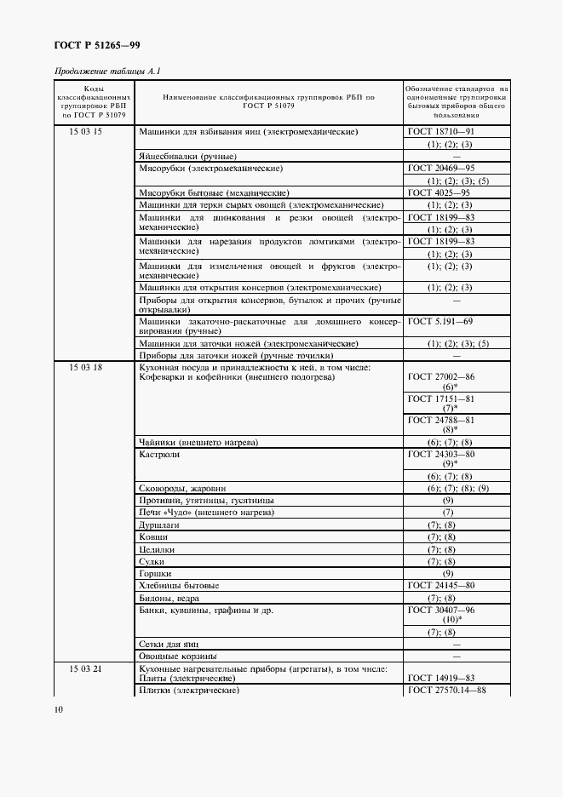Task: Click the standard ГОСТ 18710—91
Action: pyautogui.click(x=441, y=133)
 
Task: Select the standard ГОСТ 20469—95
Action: pyautogui.click(x=441, y=169)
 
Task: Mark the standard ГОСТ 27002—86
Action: pyautogui.click(x=441, y=376)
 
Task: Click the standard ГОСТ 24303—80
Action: pyautogui.click(x=441, y=455)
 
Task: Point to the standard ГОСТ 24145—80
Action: pyautogui.click(x=441, y=586)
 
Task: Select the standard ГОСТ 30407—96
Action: pyautogui.click(x=441, y=611)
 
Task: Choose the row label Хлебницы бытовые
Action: pyautogui.click(x=179, y=586)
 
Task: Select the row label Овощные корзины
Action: pyautogui.click(x=177, y=656)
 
